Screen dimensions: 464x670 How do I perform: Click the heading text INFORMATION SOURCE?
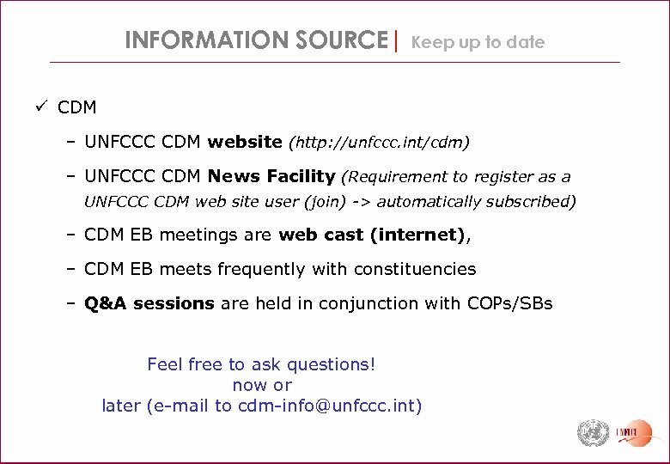(x=256, y=40)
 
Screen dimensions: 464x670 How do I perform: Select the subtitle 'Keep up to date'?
(x=478, y=42)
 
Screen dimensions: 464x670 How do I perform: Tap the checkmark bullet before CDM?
(x=40, y=107)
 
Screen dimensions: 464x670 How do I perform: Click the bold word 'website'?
(x=245, y=141)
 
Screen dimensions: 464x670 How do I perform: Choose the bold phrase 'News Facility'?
(x=271, y=176)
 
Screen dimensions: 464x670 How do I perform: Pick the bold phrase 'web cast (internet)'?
(x=372, y=235)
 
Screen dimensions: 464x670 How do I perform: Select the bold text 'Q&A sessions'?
(x=149, y=303)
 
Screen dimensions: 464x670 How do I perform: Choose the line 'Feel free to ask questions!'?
(x=261, y=364)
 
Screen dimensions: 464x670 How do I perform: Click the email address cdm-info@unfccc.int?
(x=329, y=406)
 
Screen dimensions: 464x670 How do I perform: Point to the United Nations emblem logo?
(x=593, y=432)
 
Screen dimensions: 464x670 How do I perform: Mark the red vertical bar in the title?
(x=396, y=40)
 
